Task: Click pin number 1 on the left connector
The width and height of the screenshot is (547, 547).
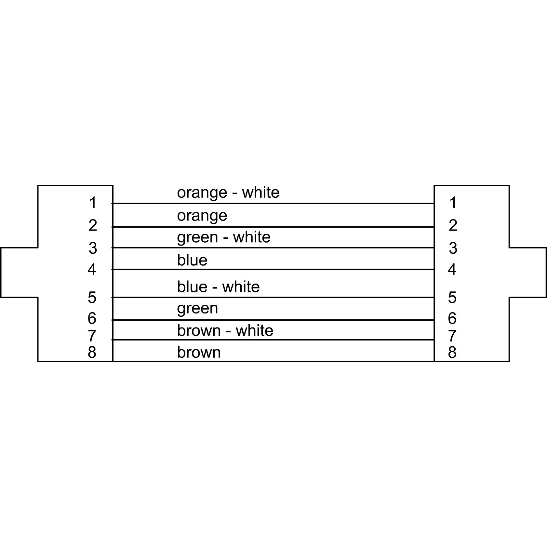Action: pyautogui.click(x=93, y=203)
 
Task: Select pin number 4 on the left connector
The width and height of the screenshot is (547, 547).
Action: pyautogui.click(x=92, y=270)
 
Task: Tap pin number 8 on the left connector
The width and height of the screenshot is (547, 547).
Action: pyautogui.click(x=92, y=352)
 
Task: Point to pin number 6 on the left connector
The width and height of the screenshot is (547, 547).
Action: pyautogui.click(x=92, y=318)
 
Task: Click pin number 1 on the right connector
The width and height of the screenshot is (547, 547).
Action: pyautogui.click(x=453, y=203)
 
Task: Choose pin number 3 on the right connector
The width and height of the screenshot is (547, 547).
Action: pyautogui.click(x=453, y=248)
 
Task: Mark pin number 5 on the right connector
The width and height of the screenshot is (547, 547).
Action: pyautogui.click(x=452, y=297)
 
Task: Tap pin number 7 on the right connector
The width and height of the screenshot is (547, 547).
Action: pyautogui.click(x=452, y=336)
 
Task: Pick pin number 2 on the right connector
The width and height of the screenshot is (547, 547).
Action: pyautogui.click(x=453, y=225)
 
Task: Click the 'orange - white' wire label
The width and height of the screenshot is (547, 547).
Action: pyautogui.click(x=228, y=193)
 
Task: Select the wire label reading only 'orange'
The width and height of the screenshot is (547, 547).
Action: pyautogui.click(x=202, y=216)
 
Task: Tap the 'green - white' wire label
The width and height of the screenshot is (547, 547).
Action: pyautogui.click(x=224, y=237)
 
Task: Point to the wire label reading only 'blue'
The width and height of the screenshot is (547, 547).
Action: pyautogui.click(x=192, y=260)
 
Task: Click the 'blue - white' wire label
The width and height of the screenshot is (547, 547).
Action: pyautogui.click(x=219, y=287)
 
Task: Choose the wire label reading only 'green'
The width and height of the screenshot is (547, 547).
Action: pyautogui.click(x=197, y=309)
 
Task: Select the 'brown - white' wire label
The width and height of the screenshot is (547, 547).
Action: pyautogui.click(x=225, y=331)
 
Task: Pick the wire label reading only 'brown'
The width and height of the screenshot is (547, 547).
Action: pyautogui.click(x=199, y=353)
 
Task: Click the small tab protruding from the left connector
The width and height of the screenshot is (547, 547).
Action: pyautogui.click(x=19, y=272)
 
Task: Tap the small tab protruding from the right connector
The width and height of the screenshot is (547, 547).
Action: pyautogui.click(x=528, y=272)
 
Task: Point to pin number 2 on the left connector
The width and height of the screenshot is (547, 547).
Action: pyautogui.click(x=93, y=225)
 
